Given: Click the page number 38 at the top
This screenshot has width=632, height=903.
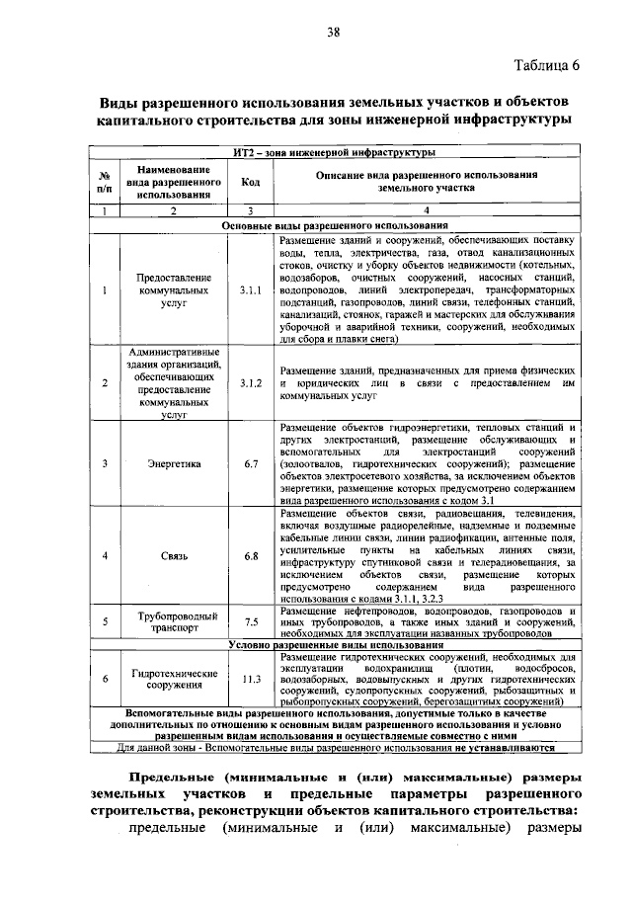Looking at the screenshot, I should click(x=334, y=34).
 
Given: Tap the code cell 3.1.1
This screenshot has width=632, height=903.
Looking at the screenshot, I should click(x=250, y=291).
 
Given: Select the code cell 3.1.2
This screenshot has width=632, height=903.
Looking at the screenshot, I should click(x=250, y=382).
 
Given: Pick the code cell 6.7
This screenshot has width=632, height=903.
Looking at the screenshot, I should click(x=250, y=462).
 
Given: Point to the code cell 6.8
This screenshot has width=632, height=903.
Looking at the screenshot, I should click(x=250, y=556).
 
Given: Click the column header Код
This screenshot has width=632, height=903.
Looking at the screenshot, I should click(x=250, y=183).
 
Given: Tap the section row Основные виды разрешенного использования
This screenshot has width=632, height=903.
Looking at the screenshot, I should click(x=335, y=225).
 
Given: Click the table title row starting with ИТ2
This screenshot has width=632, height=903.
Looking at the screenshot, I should click(x=335, y=152).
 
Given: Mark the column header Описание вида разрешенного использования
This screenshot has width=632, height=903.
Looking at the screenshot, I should click(x=426, y=180).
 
